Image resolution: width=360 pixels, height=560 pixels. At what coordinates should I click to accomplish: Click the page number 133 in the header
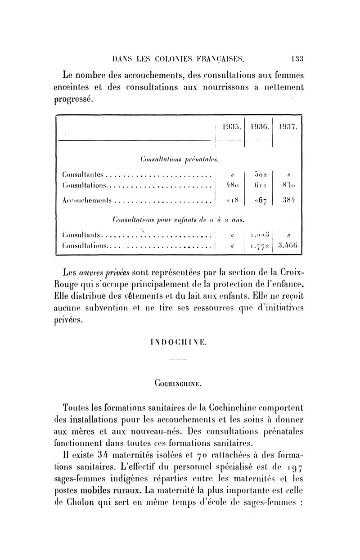point(297,58)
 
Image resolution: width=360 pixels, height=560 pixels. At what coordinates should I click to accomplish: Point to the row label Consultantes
point(84,174)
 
